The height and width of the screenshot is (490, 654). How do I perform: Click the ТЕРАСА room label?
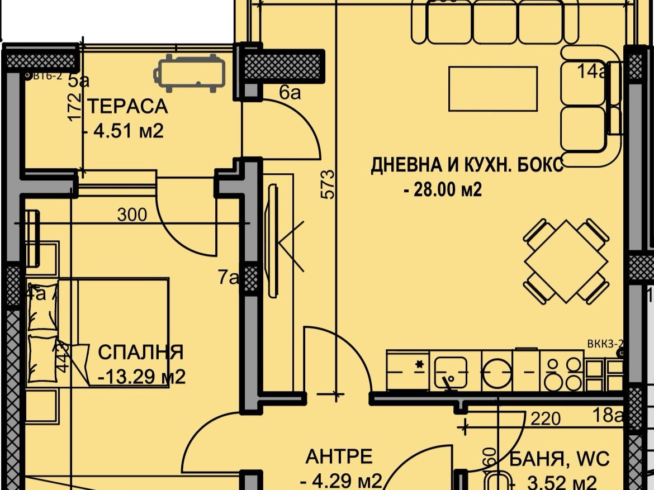click(127, 106)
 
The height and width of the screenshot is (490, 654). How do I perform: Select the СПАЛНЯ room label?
click(140, 353)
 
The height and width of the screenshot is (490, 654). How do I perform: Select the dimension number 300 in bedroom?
click(132, 215)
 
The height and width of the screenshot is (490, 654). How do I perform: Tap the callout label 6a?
click(290, 93)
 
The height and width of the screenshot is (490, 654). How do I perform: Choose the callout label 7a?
click(228, 277)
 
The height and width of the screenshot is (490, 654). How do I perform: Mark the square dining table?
click(566, 261)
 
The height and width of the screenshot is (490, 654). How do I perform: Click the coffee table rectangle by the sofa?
click(492, 88)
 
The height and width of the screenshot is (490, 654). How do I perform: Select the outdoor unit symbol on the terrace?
click(190, 73)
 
